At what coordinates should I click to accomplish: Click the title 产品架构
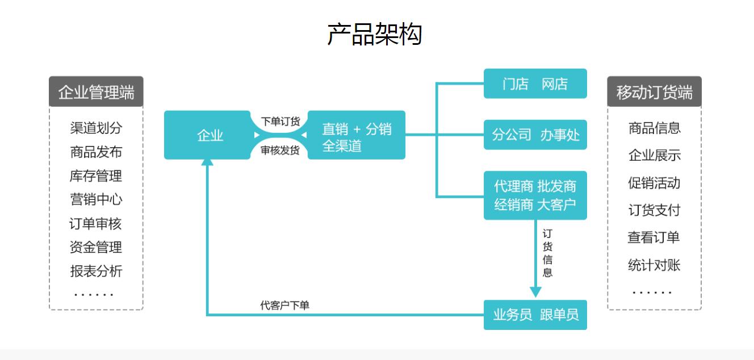point(374,34)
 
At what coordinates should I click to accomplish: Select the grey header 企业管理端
point(96,92)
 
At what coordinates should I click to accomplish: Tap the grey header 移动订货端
point(654,92)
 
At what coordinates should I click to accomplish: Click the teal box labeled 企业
point(207,135)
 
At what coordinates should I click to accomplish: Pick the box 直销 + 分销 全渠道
point(357,135)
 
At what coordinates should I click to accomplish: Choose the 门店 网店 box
point(535,84)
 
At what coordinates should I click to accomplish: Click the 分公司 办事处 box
point(535,135)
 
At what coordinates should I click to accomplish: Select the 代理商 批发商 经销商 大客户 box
point(535,195)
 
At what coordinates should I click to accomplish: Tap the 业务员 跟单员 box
point(535,314)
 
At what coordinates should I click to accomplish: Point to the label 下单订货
point(280,121)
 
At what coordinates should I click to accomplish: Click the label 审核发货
point(280,150)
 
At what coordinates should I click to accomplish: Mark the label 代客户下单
point(284,305)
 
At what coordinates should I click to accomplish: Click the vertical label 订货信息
point(547,253)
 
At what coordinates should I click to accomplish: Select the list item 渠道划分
point(96,128)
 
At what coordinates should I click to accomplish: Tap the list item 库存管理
point(96,176)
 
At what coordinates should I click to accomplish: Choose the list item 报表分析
point(96,271)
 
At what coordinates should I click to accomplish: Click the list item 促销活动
point(654,183)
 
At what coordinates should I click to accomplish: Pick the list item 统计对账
point(654,265)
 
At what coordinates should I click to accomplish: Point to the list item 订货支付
point(654,210)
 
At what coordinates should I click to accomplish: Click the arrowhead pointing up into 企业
point(207,162)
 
